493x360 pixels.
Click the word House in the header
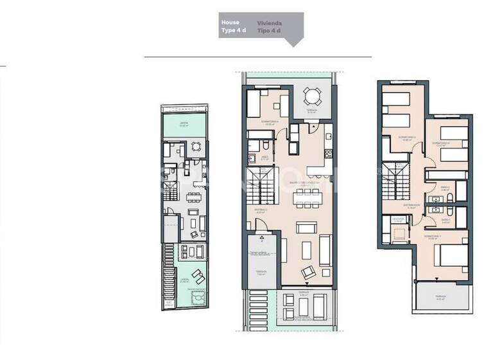coord(230,22)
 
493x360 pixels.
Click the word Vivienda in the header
coord(270,22)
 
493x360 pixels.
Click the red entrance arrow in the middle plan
coord(262,237)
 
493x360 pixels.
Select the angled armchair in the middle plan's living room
coord(309,271)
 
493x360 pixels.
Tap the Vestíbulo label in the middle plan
coord(261,210)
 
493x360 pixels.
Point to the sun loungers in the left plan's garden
coord(199,277)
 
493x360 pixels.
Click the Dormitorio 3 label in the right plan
coord(407,137)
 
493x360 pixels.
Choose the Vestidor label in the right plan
coord(398,219)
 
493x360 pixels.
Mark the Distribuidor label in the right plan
coord(413,206)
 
